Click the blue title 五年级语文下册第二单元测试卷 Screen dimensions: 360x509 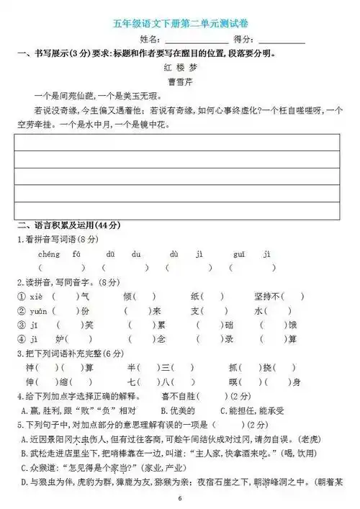(180, 24)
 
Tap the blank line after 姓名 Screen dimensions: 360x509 (196, 40)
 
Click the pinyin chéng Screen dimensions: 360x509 (48, 253)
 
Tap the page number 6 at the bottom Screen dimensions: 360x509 (180, 499)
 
